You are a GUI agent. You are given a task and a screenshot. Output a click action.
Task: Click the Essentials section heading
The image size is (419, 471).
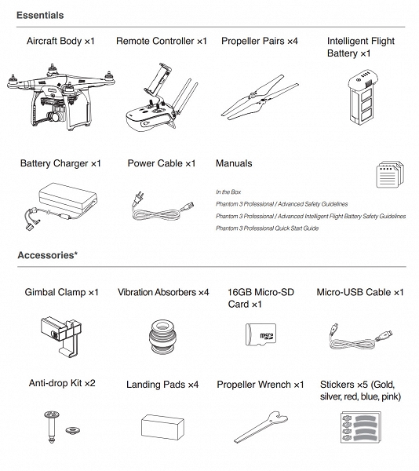click(x=40, y=16)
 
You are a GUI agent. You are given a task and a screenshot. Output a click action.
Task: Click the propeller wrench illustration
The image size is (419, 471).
click(x=259, y=429)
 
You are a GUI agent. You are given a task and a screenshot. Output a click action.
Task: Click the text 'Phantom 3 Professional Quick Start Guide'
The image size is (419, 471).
click(x=266, y=228)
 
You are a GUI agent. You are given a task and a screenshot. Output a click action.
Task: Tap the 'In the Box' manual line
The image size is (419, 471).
click(x=228, y=192)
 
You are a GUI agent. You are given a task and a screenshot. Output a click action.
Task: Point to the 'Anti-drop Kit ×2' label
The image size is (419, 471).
click(x=61, y=385)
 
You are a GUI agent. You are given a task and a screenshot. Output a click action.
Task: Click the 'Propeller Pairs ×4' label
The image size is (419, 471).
click(x=259, y=40)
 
